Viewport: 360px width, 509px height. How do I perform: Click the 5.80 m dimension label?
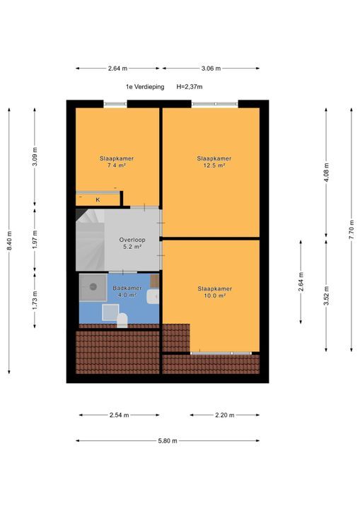168,441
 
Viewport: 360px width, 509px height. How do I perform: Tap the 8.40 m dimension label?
10,240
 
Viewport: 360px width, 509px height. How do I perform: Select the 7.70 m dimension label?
352,230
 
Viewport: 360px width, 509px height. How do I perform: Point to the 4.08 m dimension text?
327,172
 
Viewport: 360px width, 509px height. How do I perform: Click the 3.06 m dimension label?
211,69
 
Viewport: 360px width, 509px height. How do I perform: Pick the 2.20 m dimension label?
224,415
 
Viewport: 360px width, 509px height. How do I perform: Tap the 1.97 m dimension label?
35,240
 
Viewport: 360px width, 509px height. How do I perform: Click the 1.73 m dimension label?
35,300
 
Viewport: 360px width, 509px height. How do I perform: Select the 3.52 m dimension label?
327,296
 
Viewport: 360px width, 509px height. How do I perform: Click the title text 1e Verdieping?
145,87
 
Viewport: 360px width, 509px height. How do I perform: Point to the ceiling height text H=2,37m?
190,87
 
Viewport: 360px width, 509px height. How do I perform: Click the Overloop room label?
132,240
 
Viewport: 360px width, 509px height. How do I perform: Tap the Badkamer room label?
127,288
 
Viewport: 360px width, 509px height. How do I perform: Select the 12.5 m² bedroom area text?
214,165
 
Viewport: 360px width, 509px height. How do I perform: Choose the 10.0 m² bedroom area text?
215,296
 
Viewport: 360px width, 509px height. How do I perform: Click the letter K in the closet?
98,200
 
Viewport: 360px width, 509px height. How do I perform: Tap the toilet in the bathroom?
122,321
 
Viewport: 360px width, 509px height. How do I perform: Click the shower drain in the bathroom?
93,286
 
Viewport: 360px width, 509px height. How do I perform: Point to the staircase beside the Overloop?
90,240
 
